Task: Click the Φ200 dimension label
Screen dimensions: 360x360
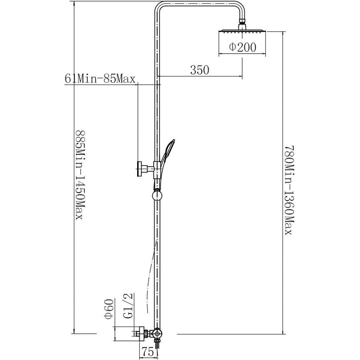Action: [242, 47]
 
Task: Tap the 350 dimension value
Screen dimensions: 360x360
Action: [200, 70]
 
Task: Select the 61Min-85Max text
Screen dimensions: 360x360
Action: [100, 78]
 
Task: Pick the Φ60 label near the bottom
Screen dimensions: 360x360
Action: [109, 309]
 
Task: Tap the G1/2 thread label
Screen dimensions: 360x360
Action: [129, 306]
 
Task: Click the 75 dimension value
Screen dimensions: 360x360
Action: [148, 352]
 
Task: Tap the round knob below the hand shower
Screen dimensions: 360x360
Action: [157, 196]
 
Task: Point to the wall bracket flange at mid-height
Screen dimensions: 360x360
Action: [140, 169]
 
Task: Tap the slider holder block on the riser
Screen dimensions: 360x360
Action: [157, 170]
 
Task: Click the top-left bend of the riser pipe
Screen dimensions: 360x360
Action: [159, 7]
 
